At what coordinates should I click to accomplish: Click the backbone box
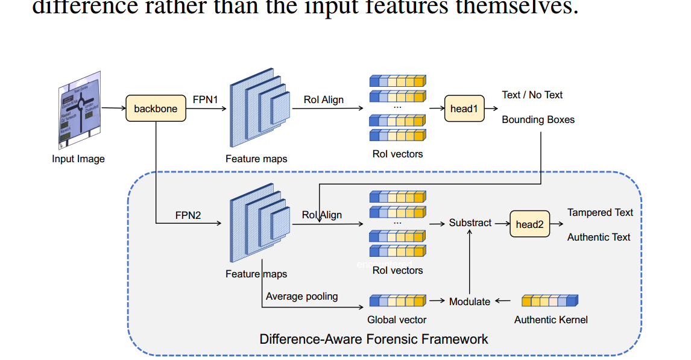[x=156, y=109]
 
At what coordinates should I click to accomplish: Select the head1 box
[x=464, y=109]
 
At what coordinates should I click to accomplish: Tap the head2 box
[x=529, y=224]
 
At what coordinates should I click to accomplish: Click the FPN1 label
[x=205, y=99]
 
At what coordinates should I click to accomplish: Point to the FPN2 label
[x=188, y=215]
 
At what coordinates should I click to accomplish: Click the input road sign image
[x=79, y=112]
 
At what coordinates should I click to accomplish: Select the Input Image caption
[x=78, y=159]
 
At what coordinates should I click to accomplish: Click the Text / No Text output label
[x=532, y=95]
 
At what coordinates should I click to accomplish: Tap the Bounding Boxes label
[x=538, y=119]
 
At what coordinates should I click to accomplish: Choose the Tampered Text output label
[x=600, y=212]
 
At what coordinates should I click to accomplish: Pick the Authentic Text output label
[x=598, y=237]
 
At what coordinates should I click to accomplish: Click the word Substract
[x=470, y=223]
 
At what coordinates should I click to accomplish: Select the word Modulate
[x=470, y=302]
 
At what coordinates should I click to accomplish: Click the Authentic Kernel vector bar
[x=549, y=301]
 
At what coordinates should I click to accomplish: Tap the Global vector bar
[x=397, y=301]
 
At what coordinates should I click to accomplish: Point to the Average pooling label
[x=301, y=296]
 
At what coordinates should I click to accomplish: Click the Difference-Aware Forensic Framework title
[x=374, y=339]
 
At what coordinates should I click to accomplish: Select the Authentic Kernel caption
[x=551, y=320]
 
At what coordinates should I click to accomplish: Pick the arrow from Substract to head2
[x=500, y=223]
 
